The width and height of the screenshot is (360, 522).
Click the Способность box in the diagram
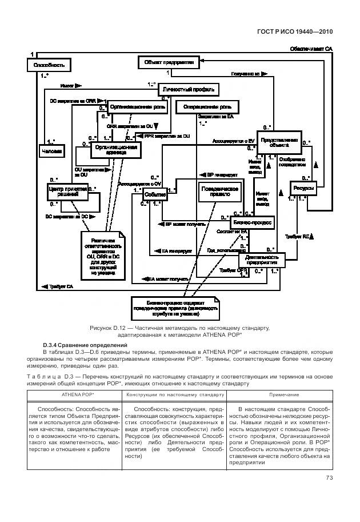pyautogui.click(x=49, y=65)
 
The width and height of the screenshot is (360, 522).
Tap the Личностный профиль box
pyautogui.click(x=189, y=90)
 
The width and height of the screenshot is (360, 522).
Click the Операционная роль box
pyautogui.click(x=208, y=107)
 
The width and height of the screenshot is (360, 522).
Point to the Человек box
pyautogui.click(x=51, y=150)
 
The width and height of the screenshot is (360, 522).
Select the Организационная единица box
pyautogui.click(x=116, y=150)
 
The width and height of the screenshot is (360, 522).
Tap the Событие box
pyautogui.click(x=155, y=195)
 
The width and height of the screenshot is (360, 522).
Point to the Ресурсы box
pyautogui.click(x=301, y=188)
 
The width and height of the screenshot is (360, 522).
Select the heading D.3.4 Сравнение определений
pyautogui.click(x=85, y=345)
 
